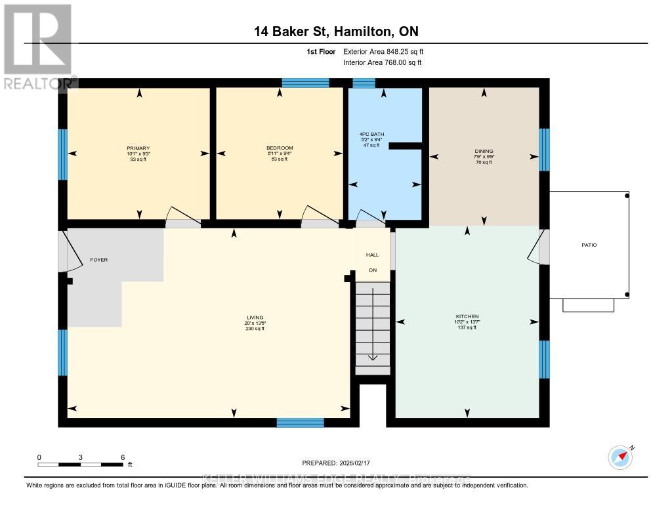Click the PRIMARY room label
[x=138, y=148]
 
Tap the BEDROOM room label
[x=280, y=148]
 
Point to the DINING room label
[x=484, y=151]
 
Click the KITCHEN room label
[x=467, y=316]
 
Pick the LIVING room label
[x=255, y=318]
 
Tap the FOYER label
[x=98, y=260]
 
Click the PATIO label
[x=589, y=245]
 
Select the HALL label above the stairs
[x=373, y=255]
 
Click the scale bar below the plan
[x=81, y=465]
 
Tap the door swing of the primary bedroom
[x=180, y=218]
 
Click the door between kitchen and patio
[x=539, y=248]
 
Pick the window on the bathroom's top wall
[x=364, y=83]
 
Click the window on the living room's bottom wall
[x=300, y=423]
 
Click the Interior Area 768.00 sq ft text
[x=383, y=62]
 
